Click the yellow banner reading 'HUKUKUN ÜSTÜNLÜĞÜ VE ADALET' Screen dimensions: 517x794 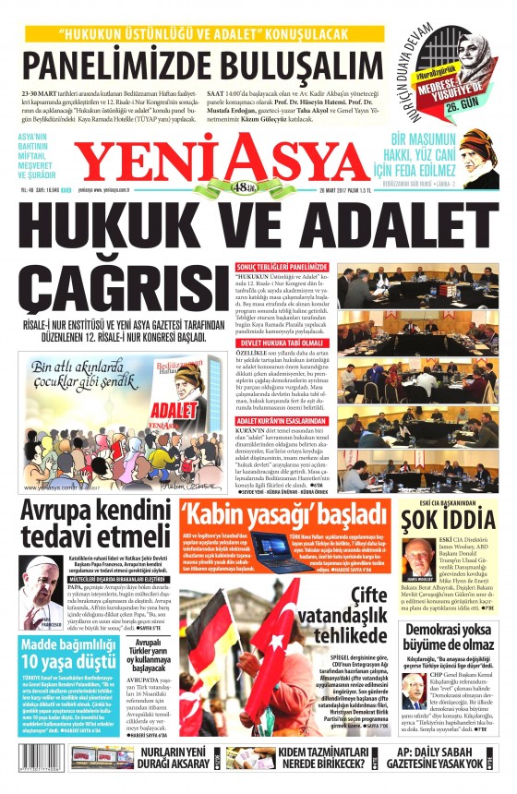215,35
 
